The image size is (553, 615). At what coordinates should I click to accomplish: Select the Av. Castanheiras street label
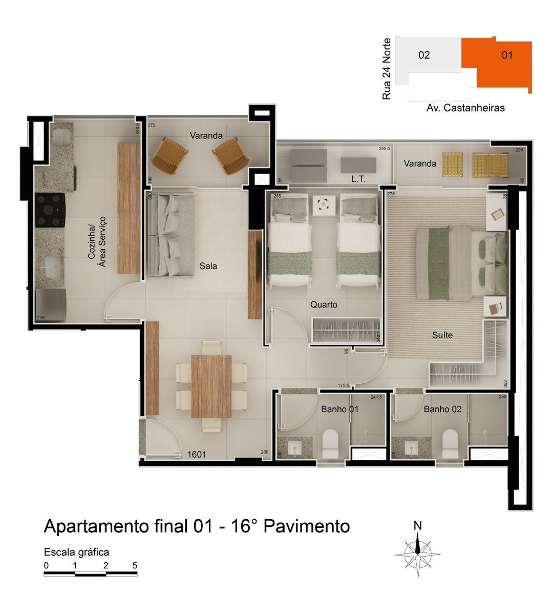pos(465,108)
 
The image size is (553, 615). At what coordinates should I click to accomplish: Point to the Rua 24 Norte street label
pos(387,69)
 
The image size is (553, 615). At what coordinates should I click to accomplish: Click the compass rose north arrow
pos(418,550)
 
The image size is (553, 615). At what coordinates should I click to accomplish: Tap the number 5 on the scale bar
pos(135,566)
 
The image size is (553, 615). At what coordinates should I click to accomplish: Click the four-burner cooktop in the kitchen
pos(50,210)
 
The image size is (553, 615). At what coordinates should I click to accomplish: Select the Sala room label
pos(208,266)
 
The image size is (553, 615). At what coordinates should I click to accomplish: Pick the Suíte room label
pos(442,335)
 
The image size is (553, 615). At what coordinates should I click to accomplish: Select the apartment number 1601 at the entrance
pos(197,454)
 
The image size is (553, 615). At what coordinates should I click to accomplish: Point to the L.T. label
pos(358,179)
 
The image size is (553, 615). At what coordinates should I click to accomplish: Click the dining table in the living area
pos(211,385)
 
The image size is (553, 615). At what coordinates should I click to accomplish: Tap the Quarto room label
pos(324,304)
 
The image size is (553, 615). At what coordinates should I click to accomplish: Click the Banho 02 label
pos(442,409)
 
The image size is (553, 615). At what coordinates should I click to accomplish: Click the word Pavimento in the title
pos(307,526)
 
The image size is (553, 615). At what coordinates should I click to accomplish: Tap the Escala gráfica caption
pos(76,552)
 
